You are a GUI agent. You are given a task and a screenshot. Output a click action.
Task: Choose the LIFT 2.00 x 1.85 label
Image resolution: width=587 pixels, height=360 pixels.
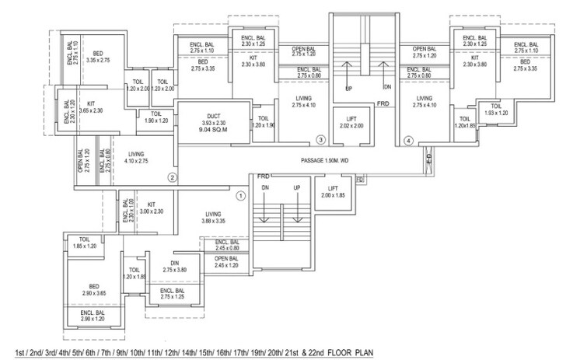pyautogui.click(x=333, y=192)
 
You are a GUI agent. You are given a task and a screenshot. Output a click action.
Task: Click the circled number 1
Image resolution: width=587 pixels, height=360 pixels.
pyautogui.click(x=240, y=196)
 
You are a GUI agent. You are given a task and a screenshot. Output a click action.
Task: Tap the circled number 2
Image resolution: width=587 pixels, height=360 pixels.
pyautogui.click(x=173, y=177)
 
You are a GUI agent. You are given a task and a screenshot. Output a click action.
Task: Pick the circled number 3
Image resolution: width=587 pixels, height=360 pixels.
pyautogui.click(x=320, y=140)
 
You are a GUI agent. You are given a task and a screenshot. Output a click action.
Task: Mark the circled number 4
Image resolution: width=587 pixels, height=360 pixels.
pyautogui.click(x=409, y=141)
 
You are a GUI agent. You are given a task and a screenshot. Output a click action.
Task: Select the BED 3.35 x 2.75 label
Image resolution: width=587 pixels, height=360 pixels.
pyautogui.click(x=99, y=54)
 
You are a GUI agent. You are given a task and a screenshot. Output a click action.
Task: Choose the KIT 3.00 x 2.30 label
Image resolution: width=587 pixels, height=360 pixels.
pyautogui.click(x=152, y=207)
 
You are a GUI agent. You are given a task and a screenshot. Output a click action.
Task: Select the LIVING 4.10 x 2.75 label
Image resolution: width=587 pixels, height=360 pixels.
pyautogui.click(x=135, y=157)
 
